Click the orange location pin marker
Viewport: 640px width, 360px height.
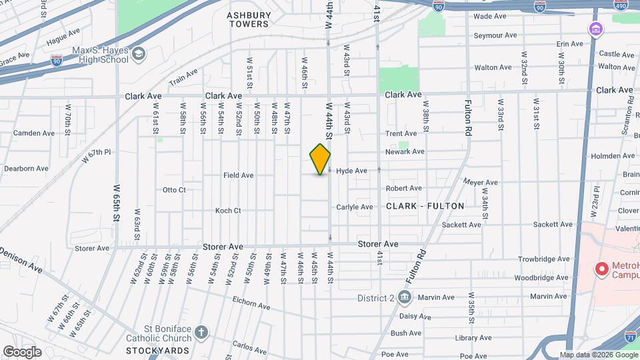[x=320, y=159]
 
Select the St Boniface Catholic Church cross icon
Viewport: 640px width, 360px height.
[x=202, y=331]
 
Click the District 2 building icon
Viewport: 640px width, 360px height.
[x=405, y=297]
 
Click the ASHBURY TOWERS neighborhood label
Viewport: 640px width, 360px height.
[x=248, y=19]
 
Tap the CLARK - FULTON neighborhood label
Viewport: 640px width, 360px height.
[x=425, y=206]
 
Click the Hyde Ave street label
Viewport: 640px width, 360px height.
[x=351, y=171]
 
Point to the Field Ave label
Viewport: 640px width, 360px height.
[x=238, y=175]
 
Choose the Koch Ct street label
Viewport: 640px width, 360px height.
[x=228, y=211]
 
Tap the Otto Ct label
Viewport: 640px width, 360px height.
[x=174, y=189]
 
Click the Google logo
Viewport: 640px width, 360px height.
[x=22, y=351]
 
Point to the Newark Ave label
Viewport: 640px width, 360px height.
[x=405, y=151]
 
